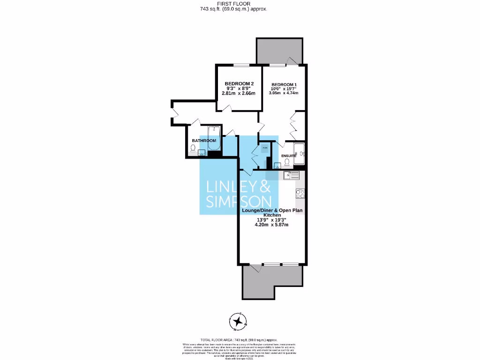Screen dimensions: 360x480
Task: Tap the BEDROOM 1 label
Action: [284, 84]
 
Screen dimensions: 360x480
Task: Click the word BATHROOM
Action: [204, 141]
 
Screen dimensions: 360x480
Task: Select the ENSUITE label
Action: [288, 156]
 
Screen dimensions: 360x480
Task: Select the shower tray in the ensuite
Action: [299, 155]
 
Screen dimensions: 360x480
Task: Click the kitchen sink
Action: [292, 176]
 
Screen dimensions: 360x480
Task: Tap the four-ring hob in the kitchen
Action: [300, 193]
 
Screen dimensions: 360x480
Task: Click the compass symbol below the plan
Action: [240, 322]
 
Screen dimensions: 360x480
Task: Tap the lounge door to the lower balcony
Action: [255, 268]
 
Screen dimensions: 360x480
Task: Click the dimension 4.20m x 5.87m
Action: [271, 225]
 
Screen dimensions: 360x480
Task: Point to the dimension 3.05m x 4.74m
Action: [284, 93]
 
